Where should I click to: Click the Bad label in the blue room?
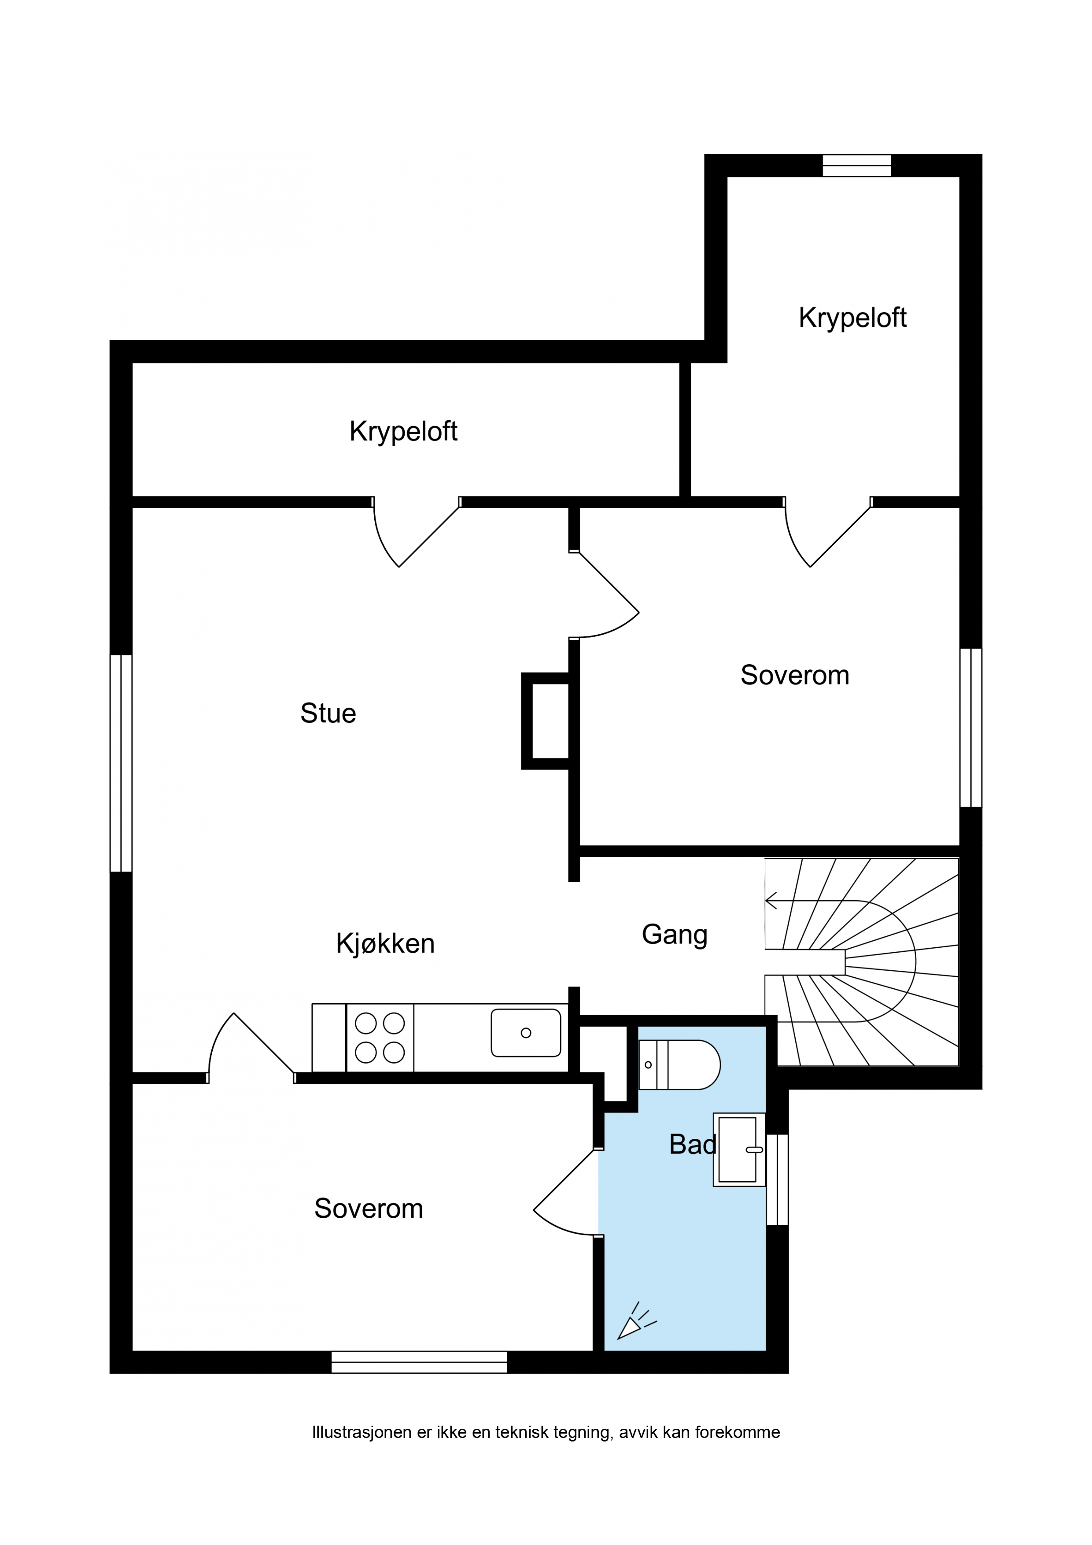pos(693,1145)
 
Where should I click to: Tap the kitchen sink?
pos(526,1033)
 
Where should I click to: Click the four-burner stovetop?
pos(380,1038)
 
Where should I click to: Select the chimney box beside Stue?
pos(546,721)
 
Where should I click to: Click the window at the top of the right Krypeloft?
pos(856,166)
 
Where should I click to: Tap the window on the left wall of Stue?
pos(121,763)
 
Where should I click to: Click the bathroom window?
pos(777,1179)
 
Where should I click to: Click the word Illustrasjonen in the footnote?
pos(362,1432)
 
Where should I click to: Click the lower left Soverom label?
pos(369,1209)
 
